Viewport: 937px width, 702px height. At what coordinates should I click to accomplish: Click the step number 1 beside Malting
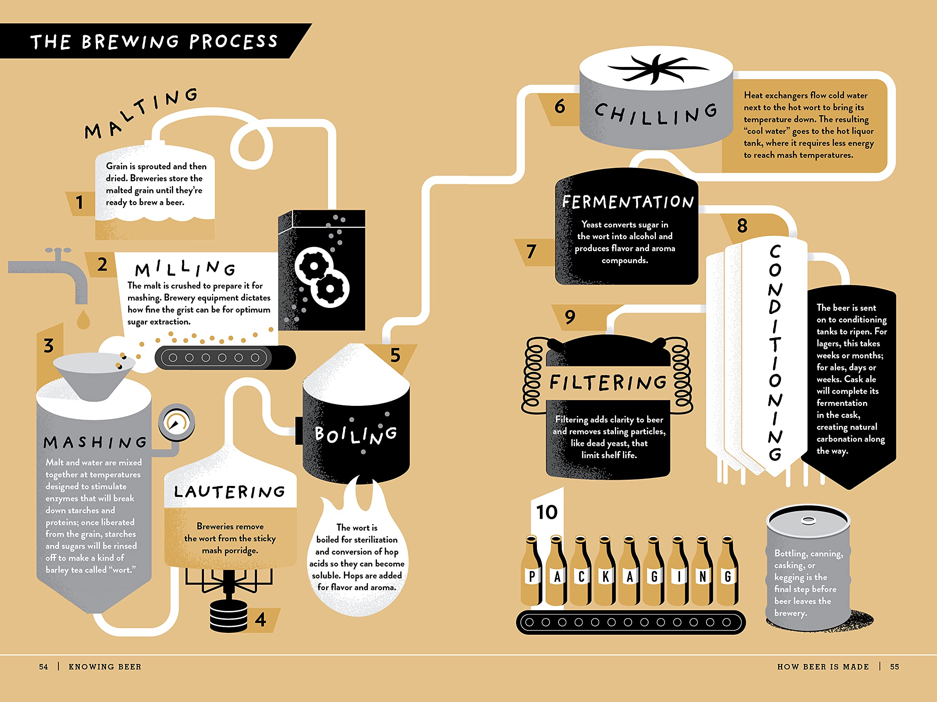coord(79,202)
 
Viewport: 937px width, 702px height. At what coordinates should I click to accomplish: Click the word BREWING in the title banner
coord(130,41)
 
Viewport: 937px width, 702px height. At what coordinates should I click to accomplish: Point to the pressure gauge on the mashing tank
coord(176,422)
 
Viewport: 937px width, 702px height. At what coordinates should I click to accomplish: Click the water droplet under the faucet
coord(83,320)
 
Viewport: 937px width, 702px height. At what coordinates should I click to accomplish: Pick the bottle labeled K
coord(606,571)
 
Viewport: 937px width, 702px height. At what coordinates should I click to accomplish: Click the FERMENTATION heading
coord(628,202)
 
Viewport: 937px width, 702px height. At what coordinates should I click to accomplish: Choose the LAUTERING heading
coord(229,492)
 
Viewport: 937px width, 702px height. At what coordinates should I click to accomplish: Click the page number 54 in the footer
coord(43,667)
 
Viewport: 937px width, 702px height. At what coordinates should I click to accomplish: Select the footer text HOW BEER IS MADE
coord(823,667)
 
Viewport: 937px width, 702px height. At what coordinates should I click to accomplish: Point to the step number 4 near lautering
coord(261,620)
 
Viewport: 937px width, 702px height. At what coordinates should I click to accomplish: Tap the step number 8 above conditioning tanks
coord(742,226)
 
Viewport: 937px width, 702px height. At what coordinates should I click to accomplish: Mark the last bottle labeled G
coord(728,571)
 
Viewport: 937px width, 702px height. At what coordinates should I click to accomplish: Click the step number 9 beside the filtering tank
coord(570,317)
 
